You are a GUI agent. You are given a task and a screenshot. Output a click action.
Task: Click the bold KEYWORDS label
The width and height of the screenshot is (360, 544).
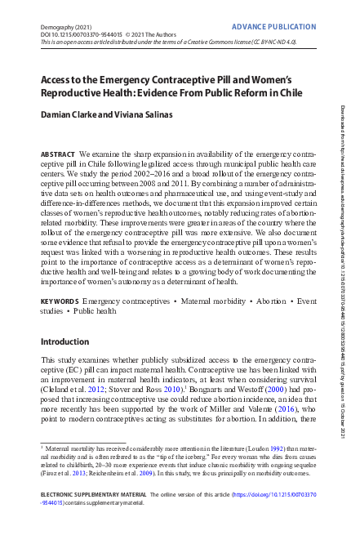60,302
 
